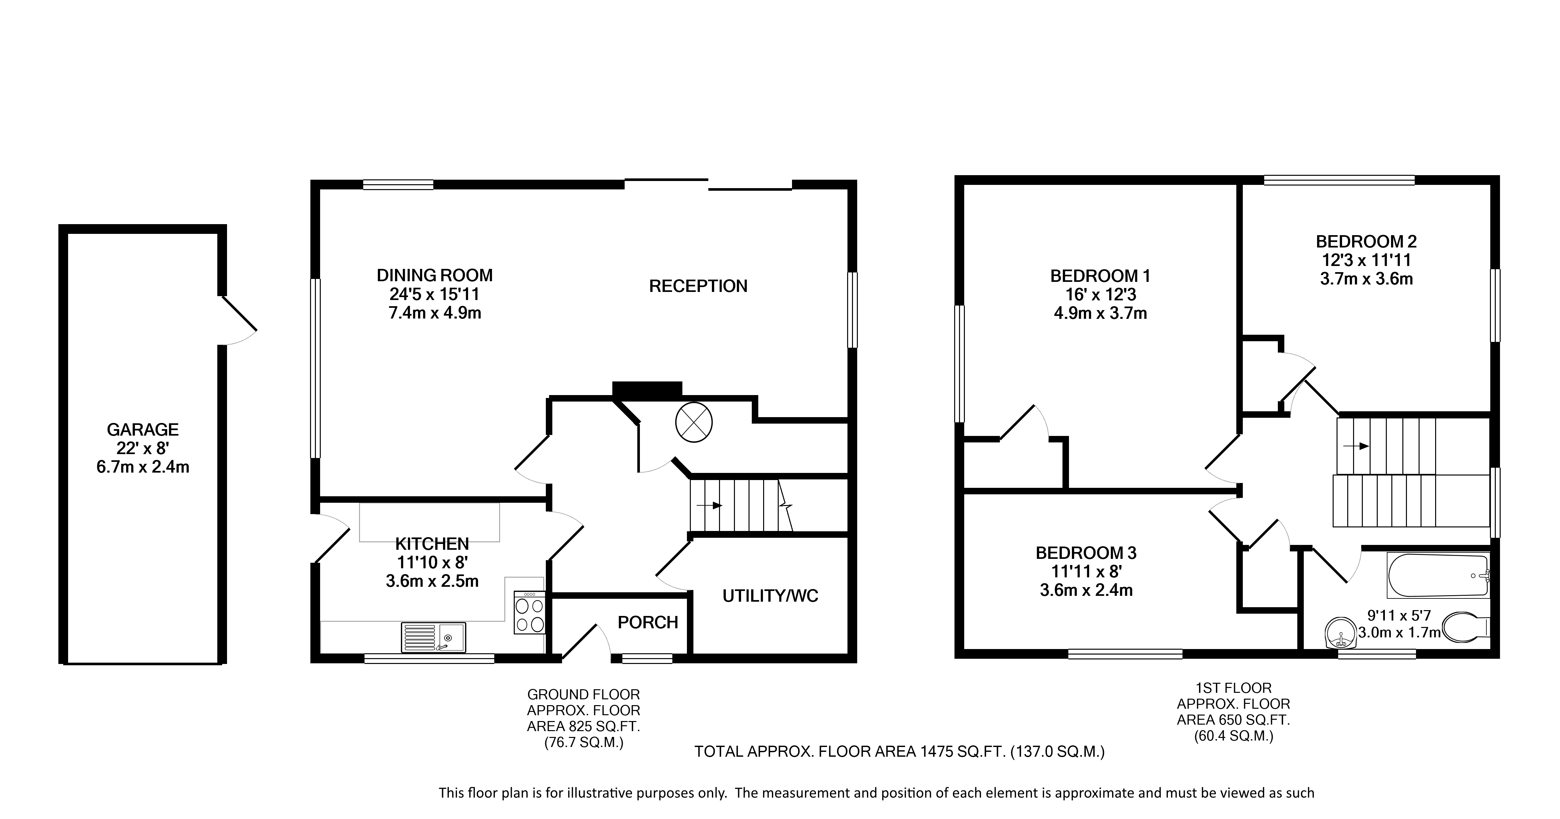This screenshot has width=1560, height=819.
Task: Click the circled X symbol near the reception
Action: pos(693,422)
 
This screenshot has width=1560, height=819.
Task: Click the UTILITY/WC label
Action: pos(770,596)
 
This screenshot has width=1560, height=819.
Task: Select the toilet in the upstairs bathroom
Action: pos(1466,626)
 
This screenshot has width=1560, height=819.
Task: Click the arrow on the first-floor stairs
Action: pos(1356,446)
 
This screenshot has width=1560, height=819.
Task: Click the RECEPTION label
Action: pos(698,286)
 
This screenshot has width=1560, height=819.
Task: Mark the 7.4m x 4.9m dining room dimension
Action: pos(435,313)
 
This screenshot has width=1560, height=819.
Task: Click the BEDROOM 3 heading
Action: pos(1086,553)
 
